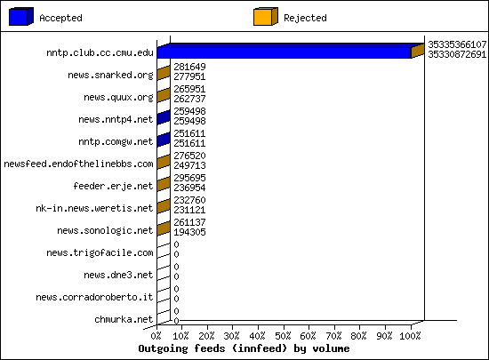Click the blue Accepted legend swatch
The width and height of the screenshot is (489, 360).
21,17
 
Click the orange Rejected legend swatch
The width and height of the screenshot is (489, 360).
266,17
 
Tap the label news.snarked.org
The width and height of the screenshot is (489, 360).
110,76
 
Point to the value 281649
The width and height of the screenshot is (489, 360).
189,67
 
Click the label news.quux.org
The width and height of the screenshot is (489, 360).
118,97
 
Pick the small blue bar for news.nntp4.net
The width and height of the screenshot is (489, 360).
164,117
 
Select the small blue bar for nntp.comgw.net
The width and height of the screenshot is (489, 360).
164,140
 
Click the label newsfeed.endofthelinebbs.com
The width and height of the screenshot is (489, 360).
78,164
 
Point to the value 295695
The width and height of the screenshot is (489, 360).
189,178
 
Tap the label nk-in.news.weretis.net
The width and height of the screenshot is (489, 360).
94,208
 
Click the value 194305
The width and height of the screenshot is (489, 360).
189,232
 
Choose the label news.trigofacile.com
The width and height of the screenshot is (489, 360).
100,252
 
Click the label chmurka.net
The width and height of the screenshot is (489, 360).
124,319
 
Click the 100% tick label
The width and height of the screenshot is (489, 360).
410,336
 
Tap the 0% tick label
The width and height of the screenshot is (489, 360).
156,336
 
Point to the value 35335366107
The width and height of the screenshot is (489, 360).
457,44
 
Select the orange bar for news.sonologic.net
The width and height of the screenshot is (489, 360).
164,228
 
